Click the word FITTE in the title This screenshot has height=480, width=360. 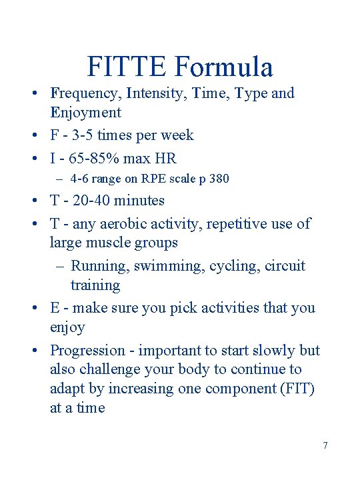[127, 67]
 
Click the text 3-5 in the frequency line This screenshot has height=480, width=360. [80, 135]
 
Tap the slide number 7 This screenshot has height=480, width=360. [325, 445]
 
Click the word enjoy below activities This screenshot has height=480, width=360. [67, 327]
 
